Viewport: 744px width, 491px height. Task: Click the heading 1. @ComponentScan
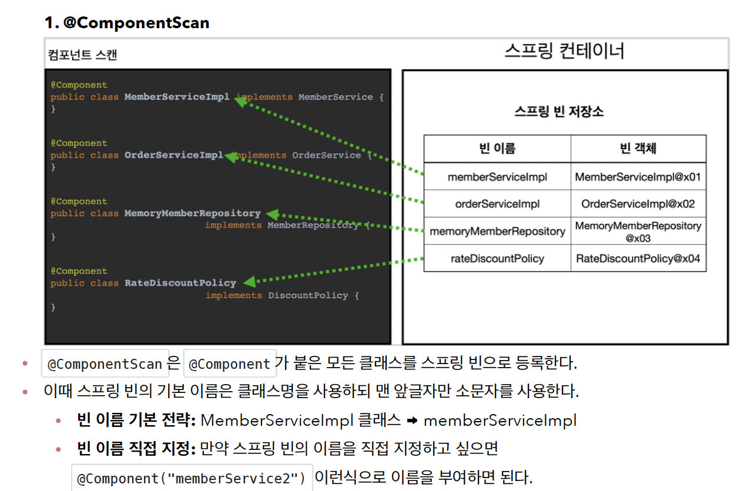[x=127, y=23]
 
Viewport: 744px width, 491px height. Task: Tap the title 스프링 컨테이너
[x=564, y=52]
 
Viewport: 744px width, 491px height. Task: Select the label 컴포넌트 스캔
[x=82, y=55]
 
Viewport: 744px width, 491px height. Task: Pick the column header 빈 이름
[x=497, y=149]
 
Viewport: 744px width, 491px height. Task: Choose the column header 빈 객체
[x=638, y=149]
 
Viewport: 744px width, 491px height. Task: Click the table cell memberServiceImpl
[x=497, y=177]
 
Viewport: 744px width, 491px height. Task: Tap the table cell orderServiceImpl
[x=497, y=204]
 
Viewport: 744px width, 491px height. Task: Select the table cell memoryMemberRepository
[x=497, y=231]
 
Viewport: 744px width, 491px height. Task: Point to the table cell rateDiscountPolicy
[x=497, y=258]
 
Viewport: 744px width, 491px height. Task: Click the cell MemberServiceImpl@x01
[x=638, y=177]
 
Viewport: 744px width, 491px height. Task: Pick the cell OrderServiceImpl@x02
[x=638, y=204]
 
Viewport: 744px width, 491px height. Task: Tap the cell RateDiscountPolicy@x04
[x=638, y=258]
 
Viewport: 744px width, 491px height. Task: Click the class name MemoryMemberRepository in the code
[x=192, y=213]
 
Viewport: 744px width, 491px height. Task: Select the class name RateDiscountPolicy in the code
[x=180, y=283]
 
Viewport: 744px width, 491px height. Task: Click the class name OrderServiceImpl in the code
[x=174, y=155]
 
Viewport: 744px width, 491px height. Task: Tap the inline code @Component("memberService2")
[x=192, y=479]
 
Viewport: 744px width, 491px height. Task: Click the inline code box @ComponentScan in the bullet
[x=105, y=364]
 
